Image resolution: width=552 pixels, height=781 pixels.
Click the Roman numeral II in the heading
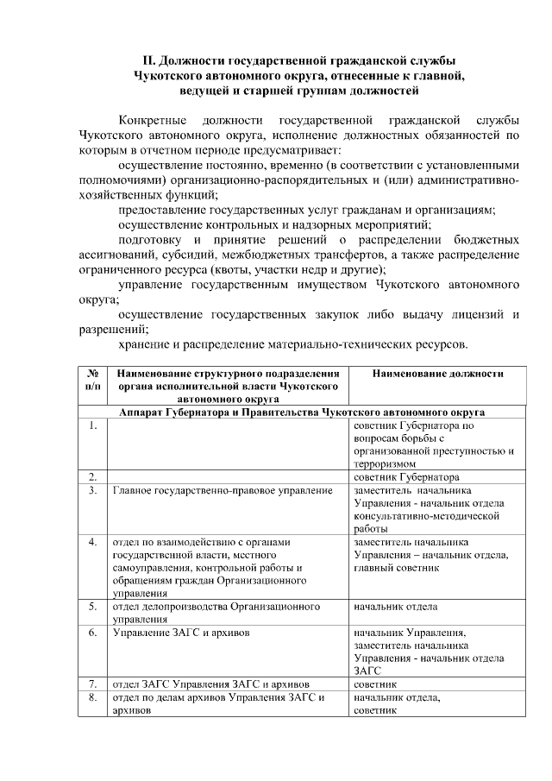pos(148,61)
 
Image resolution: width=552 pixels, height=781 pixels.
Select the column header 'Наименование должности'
pos(437,374)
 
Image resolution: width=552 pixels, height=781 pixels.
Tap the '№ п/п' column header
pos(92,381)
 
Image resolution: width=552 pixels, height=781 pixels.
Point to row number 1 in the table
pos(91,425)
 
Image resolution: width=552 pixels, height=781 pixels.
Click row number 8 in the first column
pos(91,698)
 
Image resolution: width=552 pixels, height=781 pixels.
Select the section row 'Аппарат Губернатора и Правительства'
pos(302,413)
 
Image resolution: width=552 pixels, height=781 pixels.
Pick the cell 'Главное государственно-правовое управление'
pos(223,490)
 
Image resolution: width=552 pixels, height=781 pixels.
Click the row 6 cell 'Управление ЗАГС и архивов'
pos(182,633)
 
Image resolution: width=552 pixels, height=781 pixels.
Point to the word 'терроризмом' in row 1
pos(386,463)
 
